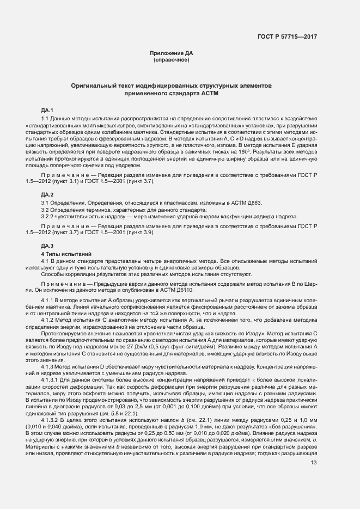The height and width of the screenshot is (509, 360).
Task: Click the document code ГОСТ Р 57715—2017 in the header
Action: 287,36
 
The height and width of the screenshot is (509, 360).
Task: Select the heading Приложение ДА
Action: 172,53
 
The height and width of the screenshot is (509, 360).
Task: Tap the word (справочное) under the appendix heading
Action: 172,59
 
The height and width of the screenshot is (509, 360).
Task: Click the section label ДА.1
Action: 48,111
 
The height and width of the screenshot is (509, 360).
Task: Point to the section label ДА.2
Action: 48,194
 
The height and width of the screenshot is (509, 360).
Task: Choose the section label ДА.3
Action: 48,246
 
